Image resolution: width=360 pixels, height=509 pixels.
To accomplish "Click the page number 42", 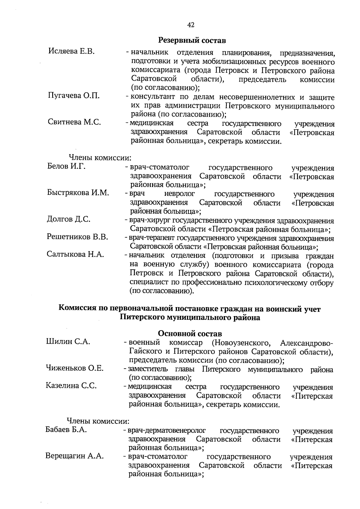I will (x=191, y=25).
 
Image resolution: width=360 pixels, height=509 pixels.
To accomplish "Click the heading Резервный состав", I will (x=192, y=40).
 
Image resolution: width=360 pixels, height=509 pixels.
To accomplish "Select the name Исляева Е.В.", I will (x=71, y=51).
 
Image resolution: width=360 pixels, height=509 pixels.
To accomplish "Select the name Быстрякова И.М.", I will (x=78, y=193).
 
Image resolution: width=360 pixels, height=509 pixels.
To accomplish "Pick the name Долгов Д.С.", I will (x=69, y=219).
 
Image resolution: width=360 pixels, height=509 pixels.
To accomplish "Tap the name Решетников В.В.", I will (x=77, y=237).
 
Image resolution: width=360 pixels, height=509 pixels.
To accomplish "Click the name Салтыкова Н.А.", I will (x=75, y=254).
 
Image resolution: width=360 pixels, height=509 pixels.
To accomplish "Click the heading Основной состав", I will (x=190, y=334).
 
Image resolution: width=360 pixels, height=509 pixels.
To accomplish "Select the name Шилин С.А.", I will (x=68, y=341).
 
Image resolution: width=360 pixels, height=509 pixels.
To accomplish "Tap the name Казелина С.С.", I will (x=71, y=385).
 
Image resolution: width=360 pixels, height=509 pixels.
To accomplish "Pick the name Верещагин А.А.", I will (x=74, y=456).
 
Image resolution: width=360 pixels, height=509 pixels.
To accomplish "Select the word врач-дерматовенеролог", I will (x=167, y=431).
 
